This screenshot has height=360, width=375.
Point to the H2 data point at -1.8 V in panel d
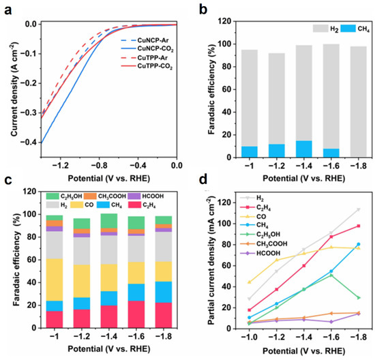point(357,209)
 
